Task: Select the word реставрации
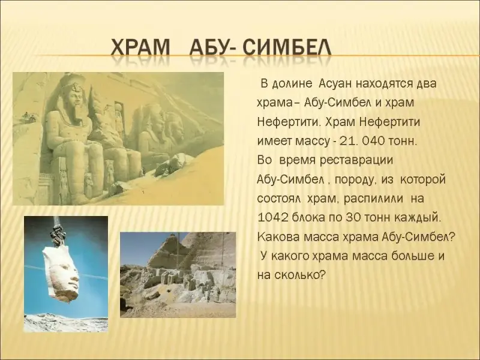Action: [x=356, y=160]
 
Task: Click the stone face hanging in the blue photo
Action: [x=62, y=272]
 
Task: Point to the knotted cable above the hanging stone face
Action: [x=57, y=233]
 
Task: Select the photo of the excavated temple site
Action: [x=178, y=275]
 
